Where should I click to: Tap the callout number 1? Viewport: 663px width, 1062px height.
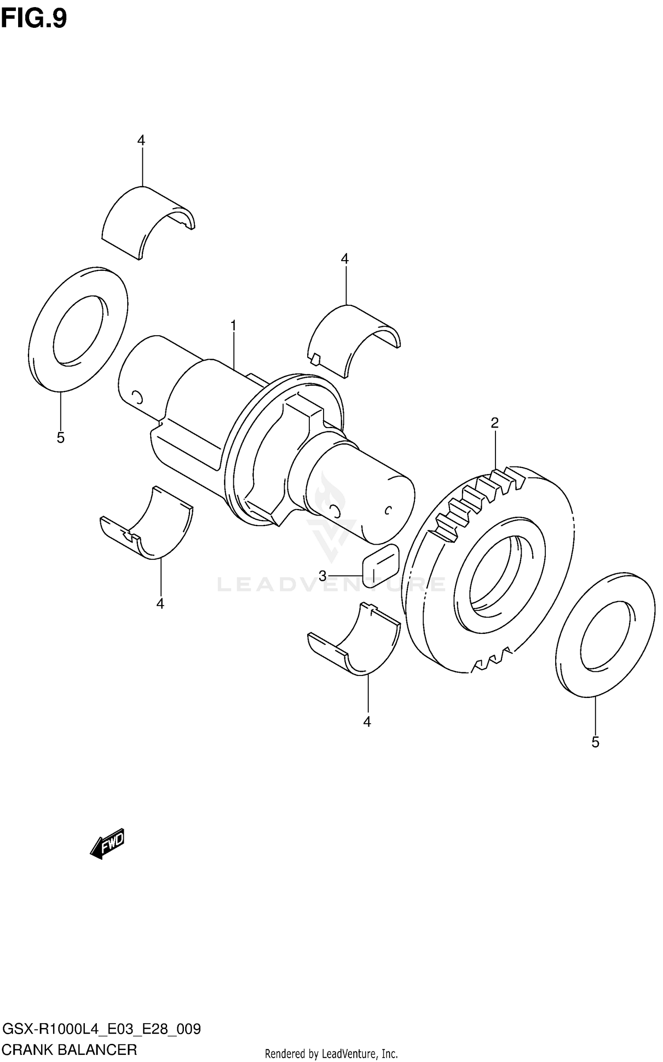point(233,326)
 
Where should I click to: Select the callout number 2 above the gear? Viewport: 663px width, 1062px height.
point(495,423)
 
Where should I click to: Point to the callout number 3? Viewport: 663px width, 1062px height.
point(323,576)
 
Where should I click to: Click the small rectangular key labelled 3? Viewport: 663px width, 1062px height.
point(381,566)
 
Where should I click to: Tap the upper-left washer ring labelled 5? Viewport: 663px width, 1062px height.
point(78,330)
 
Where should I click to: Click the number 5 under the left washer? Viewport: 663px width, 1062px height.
point(61,438)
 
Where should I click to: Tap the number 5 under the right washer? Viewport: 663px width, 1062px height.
point(595,743)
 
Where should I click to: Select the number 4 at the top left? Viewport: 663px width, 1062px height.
point(141,140)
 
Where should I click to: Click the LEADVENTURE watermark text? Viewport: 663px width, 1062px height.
point(331,585)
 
